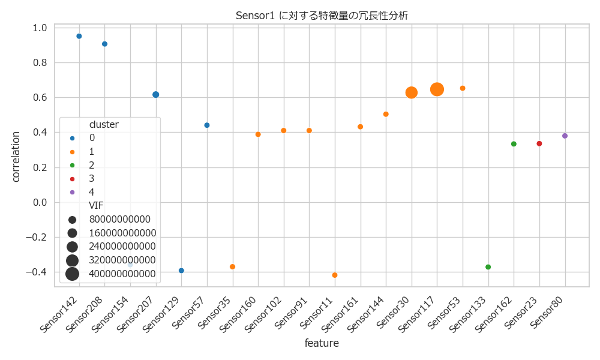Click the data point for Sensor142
coord(79,36)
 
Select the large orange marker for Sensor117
coord(437,89)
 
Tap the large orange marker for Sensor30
coord(412,92)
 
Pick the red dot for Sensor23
coord(539,143)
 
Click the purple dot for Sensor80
coord(565,136)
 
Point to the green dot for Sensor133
coord(488,267)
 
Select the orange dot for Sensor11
coord(335,275)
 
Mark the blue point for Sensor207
coord(156,95)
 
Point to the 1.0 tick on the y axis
coord(40,28)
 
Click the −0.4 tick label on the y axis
coord(37,272)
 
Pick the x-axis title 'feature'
coord(322,344)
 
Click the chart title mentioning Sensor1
coord(322,16)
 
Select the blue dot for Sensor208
coord(104,44)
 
